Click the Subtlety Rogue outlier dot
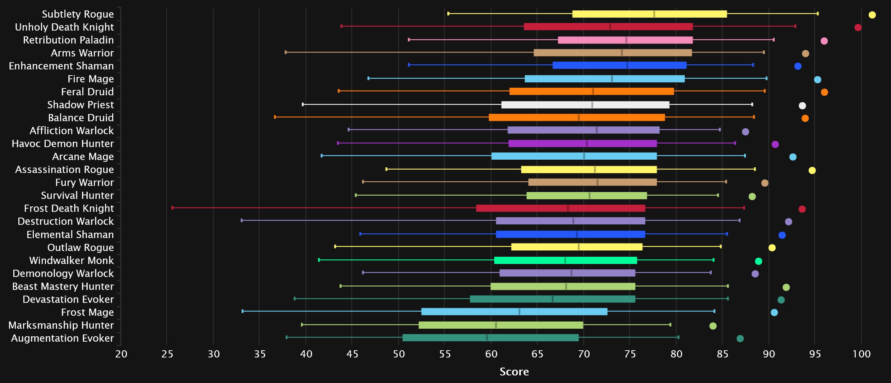[x=872, y=15]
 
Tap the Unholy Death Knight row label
[x=64, y=27]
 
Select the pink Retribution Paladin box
[x=625, y=40]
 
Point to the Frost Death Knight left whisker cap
[x=173, y=208]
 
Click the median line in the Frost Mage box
[x=519, y=311]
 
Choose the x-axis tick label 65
[x=537, y=354]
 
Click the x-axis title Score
[x=514, y=371]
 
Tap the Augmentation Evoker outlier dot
[x=740, y=338]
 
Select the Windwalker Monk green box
[x=565, y=260]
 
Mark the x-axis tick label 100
[x=862, y=354]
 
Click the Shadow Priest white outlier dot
[x=802, y=105]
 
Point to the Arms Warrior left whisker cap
[x=286, y=53]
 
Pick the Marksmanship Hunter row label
[x=61, y=325]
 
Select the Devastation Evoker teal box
[x=552, y=299]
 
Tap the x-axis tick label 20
[x=121, y=354]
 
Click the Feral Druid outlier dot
[x=824, y=92]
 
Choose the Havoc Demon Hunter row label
[x=63, y=143]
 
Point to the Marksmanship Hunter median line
[x=496, y=325]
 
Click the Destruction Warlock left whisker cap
[x=242, y=220]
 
